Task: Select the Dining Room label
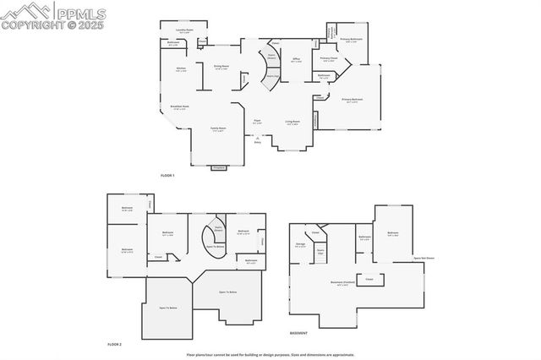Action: pos(222,68)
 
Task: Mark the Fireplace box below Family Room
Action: pos(220,168)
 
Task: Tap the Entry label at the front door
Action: pos(258,142)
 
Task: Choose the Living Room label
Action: pos(292,123)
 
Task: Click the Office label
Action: pos(296,60)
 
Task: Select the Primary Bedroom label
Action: pos(352,101)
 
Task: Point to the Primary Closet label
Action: pos(329,59)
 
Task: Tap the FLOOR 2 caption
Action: pos(115,344)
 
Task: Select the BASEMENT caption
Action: pos(298,335)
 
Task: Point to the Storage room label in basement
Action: pos(301,244)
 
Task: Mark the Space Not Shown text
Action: pos(424,258)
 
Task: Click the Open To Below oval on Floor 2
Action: pos(216,247)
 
